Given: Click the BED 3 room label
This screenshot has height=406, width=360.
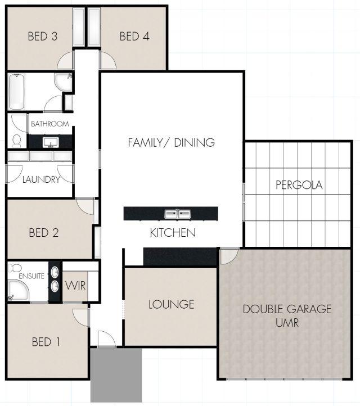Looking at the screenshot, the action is pos(43,36).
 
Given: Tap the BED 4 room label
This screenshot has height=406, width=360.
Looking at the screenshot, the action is pos(134,36).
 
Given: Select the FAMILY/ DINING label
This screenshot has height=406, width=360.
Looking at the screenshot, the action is pos(172,143).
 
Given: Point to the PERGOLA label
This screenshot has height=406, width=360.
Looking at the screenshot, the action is pos(299,185).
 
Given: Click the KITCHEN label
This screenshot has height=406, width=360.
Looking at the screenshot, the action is pos(173,233).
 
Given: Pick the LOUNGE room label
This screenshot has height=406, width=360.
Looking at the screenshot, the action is pos(172,304).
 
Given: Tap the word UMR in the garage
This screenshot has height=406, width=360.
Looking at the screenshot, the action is pos(287,323).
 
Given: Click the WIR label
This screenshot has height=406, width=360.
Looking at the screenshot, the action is pos(75,286).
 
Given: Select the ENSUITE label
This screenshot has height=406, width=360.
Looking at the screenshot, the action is pos(31,276).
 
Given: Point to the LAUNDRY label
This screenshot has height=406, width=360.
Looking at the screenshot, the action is pos(41,179).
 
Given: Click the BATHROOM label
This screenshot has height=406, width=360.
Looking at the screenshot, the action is pos(50,124).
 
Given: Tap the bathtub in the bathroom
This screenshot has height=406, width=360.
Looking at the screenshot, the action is pos(17,92).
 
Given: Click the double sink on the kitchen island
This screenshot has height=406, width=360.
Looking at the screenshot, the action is pos(178,214).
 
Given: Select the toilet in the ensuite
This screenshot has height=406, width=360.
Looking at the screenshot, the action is pos(15,268).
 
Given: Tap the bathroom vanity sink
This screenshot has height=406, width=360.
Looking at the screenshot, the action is pos(51,142).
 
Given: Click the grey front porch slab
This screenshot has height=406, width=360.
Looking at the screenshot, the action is pos(116,375).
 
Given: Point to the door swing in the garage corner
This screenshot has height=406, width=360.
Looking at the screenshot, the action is pos(229,256).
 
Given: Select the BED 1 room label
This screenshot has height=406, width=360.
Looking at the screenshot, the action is pos(46,342).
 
